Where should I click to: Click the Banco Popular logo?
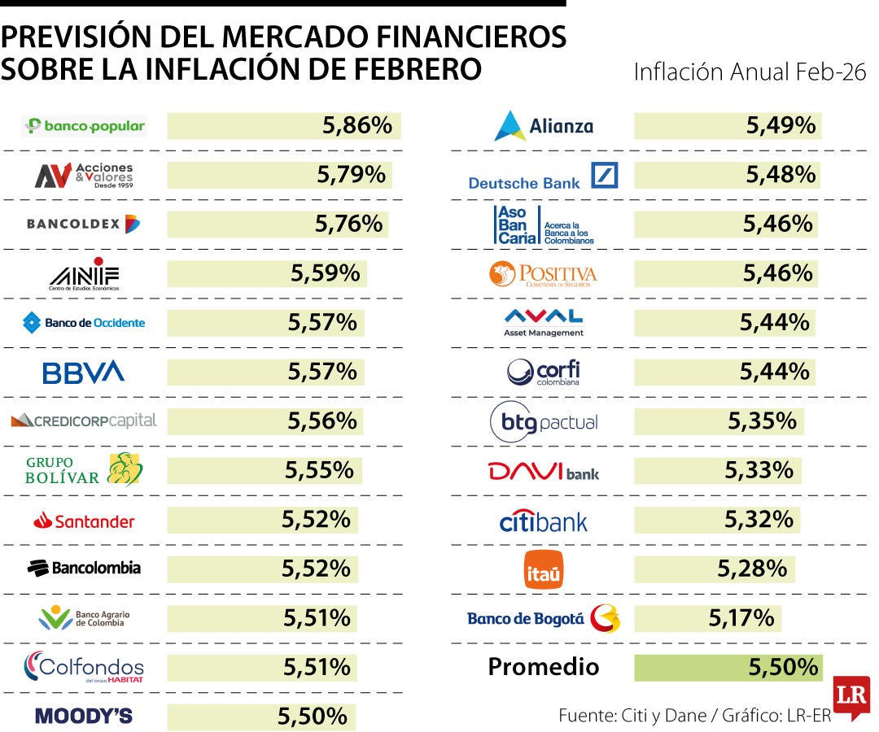85,126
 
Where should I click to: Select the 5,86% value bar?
283,126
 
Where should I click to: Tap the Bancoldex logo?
84,224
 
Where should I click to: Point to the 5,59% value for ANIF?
326,273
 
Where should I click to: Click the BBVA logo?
84,373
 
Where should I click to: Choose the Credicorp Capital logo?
84,420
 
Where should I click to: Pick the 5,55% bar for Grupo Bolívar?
265,470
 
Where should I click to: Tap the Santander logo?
84,521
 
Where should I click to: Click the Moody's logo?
84,717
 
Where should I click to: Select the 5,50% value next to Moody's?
313,717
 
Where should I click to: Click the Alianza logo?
544,126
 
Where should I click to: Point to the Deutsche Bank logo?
543,176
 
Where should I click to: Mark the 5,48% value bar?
726,175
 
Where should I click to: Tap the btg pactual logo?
544,422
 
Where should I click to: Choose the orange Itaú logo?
544,569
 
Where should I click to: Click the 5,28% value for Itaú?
752,569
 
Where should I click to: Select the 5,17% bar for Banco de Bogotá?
707,618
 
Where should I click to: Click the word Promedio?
544,667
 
